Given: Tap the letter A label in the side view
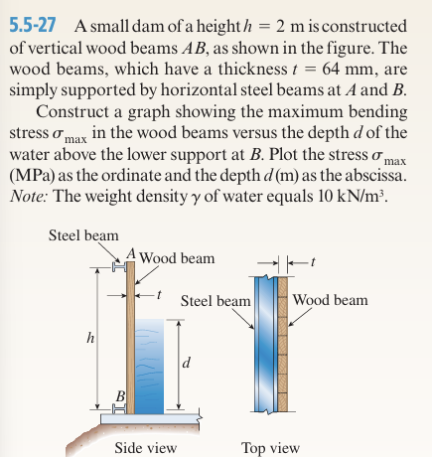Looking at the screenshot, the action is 129,252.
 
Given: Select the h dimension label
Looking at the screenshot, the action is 92,337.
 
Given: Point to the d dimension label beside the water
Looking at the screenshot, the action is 186,364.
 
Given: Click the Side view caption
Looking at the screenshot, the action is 145,447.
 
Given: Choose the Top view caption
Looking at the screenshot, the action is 270,447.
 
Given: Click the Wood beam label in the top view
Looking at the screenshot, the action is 331,299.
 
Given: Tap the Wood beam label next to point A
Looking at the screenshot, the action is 178,258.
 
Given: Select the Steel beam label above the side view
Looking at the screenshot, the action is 83,235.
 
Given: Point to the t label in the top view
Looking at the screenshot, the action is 315,263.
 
